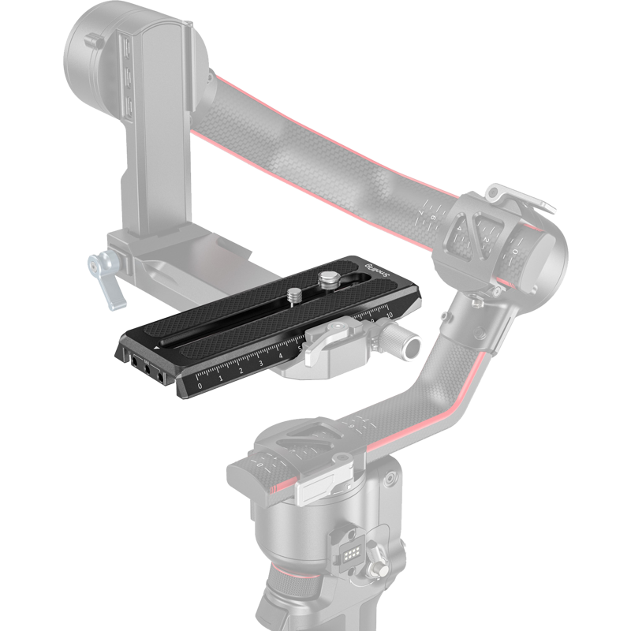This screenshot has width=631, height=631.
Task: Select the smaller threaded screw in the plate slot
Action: [x=294, y=296]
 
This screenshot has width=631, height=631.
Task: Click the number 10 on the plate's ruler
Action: [x=389, y=313]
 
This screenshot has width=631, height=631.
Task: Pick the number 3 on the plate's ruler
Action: [x=260, y=363]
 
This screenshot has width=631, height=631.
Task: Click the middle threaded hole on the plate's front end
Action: [x=147, y=367]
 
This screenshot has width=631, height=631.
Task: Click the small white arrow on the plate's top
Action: [x=158, y=346]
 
